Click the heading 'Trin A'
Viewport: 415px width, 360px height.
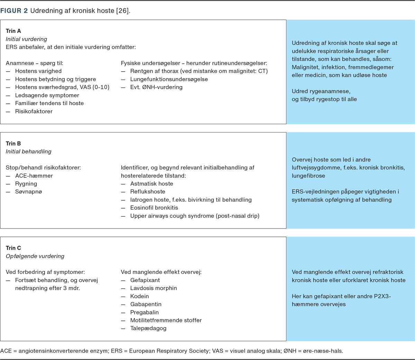pos(13,31)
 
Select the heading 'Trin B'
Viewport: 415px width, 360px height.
pos(13,144)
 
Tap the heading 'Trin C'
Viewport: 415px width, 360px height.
pos(13,248)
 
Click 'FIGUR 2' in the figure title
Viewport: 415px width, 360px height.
pos(14,11)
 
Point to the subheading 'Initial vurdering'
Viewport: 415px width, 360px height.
pos(26,39)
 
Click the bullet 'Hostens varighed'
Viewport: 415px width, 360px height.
pos(38,71)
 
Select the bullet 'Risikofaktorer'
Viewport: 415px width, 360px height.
pos(34,111)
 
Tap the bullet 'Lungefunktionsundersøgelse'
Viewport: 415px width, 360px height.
pos(169,79)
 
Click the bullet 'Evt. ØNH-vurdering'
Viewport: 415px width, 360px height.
pos(156,87)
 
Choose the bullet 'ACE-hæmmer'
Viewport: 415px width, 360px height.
pos(34,176)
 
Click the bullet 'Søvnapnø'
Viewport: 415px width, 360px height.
pos(28,192)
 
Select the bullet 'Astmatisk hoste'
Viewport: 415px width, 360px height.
pos(151,184)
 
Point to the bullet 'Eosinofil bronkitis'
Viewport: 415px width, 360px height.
pos(154,208)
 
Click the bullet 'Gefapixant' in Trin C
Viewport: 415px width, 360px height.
pos(145,280)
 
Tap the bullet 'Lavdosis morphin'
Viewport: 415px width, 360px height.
pos(154,288)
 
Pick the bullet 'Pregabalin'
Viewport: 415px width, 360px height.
pos(145,312)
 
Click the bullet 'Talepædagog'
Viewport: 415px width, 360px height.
pos(148,328)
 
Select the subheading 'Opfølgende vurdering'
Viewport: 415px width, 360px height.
pos(35,256)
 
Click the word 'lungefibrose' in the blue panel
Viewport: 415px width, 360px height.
pos(308,176)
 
